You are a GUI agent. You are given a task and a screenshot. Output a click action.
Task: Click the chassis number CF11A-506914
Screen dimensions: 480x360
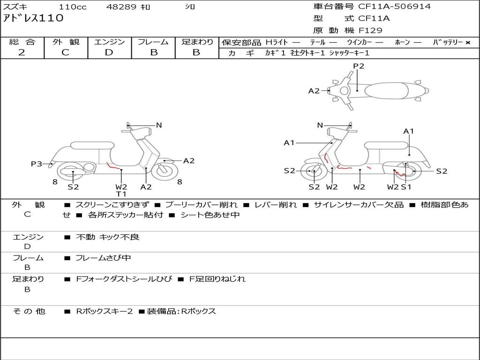tap(394, 7)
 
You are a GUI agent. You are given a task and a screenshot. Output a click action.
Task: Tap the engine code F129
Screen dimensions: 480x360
tap(370, 30)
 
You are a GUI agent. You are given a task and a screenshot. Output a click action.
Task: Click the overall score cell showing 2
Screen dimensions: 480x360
tap(22, 52)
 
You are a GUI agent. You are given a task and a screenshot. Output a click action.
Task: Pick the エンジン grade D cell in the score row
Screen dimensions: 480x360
tap(109, 52)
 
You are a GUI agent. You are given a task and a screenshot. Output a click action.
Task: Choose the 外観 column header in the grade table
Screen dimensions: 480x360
tap(66, 42)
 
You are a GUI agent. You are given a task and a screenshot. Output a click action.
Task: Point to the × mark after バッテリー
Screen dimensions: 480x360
tap(468, 43)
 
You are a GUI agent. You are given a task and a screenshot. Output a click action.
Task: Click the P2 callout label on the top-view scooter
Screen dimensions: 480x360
tap(359, 66)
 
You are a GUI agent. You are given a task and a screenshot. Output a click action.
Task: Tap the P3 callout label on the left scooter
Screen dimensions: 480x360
tap(37, 164)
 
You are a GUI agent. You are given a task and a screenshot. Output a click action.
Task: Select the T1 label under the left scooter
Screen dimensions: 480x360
tap(121, 194)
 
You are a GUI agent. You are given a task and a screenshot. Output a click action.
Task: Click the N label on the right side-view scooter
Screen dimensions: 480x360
tap(320, 125)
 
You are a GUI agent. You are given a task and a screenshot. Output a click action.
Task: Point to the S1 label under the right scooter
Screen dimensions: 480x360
tap(406, 187)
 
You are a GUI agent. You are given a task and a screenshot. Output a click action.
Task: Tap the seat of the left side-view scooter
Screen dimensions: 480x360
tap(92, 145)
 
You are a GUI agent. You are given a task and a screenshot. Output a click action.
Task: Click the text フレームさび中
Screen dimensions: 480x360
tap(103, 258)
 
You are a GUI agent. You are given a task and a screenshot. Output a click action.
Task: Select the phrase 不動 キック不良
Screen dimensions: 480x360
tap(107, 237)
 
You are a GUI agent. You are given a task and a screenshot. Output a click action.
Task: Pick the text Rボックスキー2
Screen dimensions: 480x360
tap(105, 311)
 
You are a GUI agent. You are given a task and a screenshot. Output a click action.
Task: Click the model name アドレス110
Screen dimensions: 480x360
tap(33, 18)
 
